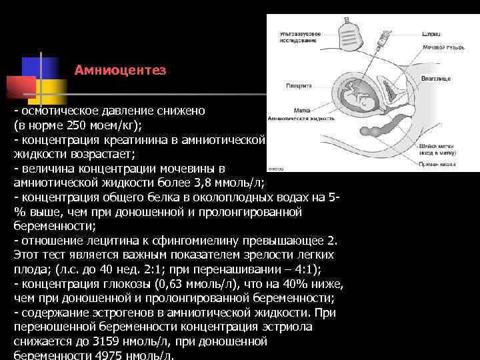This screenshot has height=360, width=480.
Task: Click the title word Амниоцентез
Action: pyautogui.click(x=120, y=69)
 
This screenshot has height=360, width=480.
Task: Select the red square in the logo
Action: pyautogui.click(x=20, y=86)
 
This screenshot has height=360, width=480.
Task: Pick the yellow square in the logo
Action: pyautogui.click(x=50, y=90)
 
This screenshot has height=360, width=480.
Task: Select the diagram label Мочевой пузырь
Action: pyautogui.click(x=439, y=48)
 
